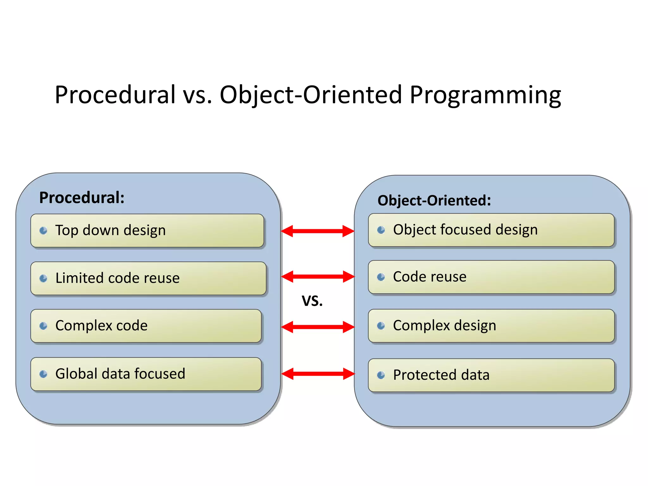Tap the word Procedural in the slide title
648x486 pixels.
point(115,95)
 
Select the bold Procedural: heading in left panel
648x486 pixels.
point(82,198)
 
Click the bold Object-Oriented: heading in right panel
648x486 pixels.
point(434,201)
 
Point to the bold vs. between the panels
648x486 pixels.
point(312,301)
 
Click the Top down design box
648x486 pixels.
point(147,231)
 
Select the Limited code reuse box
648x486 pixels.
point(148,278)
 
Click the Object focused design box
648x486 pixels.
point(491,230)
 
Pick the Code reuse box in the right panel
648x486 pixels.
point(491,277)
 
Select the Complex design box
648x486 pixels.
point(491,326)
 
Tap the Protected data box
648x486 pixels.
point(491,375)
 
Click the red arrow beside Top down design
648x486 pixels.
point(317,231)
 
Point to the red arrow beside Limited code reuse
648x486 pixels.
point(317,277)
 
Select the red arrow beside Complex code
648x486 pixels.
point(317,327)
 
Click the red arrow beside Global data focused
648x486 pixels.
point(317,374)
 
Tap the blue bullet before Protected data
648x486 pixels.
point(381,375)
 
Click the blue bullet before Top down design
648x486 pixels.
point(43,231)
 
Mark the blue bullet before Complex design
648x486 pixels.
point(381,326)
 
